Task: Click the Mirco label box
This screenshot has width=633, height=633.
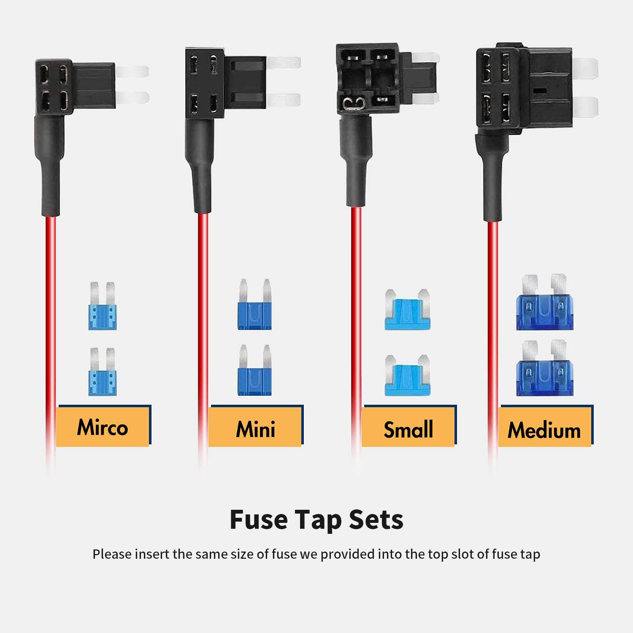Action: pyautogui.click(x=103, y=427)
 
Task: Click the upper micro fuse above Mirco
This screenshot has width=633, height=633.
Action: pyautogui.click(x=102, y=307)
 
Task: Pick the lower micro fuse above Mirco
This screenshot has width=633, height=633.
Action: pyautogui.click(x=102, y=373)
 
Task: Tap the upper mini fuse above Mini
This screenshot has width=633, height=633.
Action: pyautogui.click(x=254, y=305)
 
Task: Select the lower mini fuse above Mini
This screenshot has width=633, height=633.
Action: pyautogui.click(x=254, y=371)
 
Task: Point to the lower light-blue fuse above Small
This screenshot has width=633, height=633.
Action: pyautogui.click(x=408, y=376)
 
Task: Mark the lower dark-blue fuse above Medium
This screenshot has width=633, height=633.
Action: pyautogui.click(x=545, y=369)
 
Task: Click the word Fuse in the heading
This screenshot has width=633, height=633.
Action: pyautogui.click(x=258, y=519)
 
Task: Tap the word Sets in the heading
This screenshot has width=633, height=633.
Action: pyautogui.click(x=376, y=519)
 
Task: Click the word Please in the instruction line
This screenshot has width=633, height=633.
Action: pyautogui.click(x=112, y=554)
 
